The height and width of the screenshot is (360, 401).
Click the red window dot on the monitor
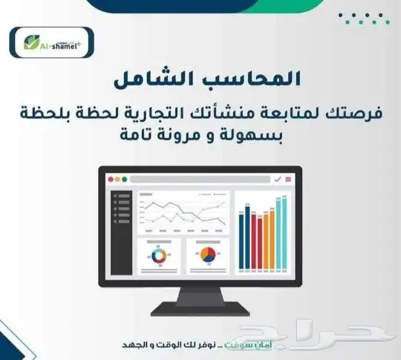coord(112,179)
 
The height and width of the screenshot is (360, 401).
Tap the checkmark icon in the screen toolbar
coord(276,179)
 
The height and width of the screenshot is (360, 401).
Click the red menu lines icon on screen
coord(287,179)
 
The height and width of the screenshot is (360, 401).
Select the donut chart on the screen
coord(157,257)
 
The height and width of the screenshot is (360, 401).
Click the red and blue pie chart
coord(207,257)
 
